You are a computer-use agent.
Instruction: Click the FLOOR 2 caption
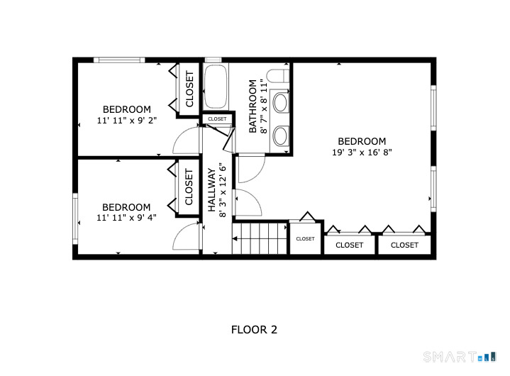(254, 330)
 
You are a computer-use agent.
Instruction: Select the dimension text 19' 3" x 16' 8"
(362, 153)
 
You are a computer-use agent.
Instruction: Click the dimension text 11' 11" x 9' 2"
(127, 121)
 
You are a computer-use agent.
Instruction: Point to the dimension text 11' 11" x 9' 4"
(127, 218)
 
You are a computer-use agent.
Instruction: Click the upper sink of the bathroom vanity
(281, 103)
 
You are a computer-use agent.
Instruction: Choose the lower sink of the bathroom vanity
(281, 135)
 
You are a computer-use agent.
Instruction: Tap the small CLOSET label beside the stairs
(305, 239)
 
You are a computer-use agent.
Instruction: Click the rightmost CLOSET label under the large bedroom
(404, 245)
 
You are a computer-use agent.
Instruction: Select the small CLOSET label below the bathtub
(217, 119)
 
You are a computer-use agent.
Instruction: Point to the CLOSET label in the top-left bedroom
(189, 89)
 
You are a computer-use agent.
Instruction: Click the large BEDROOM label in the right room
(362, 141)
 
